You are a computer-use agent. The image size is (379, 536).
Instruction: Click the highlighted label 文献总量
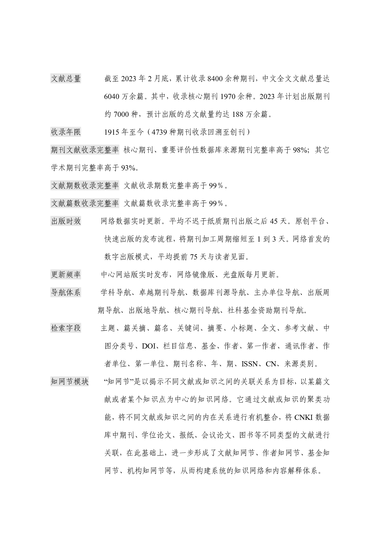click(66, 79)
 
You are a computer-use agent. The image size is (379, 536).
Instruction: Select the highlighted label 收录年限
click(66, 132)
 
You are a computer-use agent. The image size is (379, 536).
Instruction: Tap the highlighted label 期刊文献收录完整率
click(85, 150)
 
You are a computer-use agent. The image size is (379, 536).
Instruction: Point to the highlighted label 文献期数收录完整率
click(85, 186)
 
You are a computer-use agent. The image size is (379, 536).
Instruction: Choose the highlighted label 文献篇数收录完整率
click(85, 203)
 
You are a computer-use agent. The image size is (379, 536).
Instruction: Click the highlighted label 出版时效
click(66, 221)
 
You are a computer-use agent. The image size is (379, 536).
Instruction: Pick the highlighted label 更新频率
click(66, 274)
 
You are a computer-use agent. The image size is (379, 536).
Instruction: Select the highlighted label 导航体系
click(66, 292)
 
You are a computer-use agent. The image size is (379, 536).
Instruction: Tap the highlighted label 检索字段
click(66, 328)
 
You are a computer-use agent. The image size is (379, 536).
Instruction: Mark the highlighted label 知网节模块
click(70, 381)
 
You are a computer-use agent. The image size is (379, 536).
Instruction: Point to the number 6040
click(111, 97)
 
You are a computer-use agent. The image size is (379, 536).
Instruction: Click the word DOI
click(149, 346)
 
